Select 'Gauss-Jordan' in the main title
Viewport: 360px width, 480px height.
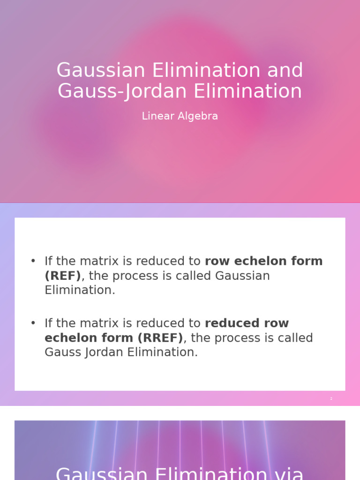[x=123, y=91]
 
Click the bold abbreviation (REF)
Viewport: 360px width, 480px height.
[x=63, y=276]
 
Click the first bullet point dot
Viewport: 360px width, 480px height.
[x=33, y=261]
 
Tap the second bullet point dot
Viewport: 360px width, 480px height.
[x=33, y=323]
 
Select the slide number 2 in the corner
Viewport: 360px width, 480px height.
[x=331, y=398]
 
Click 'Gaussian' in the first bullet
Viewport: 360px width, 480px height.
[x=242, y=276]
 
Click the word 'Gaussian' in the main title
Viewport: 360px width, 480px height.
[x=101, y=71]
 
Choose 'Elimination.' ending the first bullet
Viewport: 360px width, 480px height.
[x=80, y=290]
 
